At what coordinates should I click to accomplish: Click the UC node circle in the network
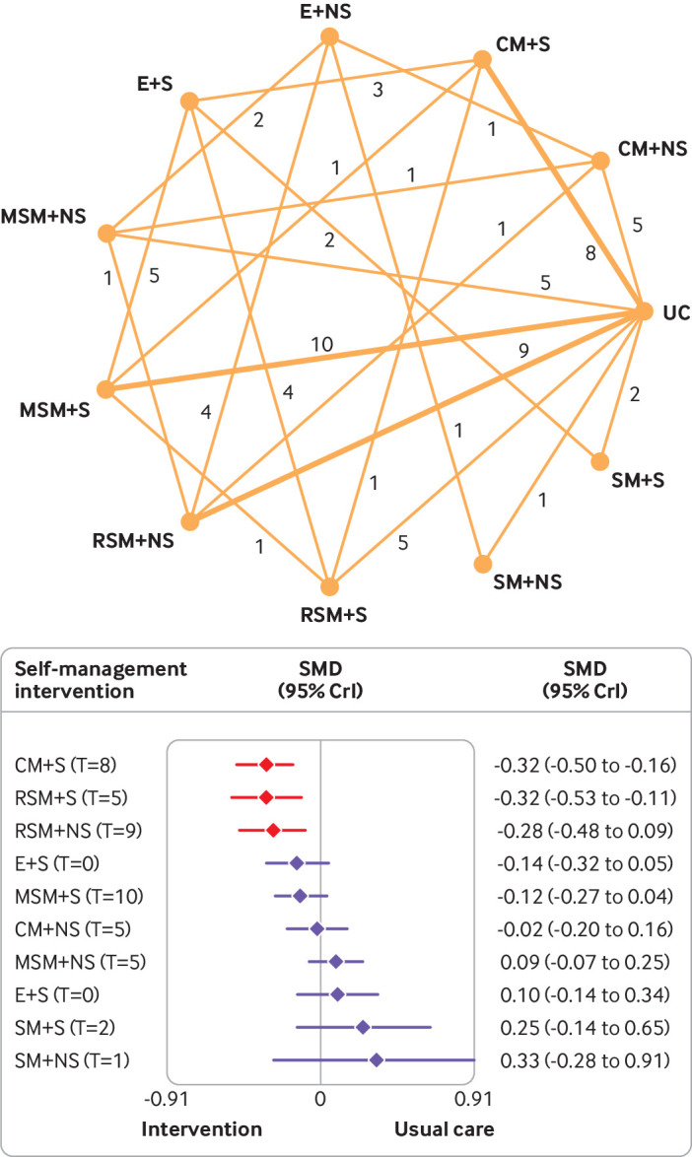coord(644,311)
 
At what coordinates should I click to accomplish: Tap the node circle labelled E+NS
coord(329,36)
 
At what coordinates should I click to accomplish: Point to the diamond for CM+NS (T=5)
coord(316,928)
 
